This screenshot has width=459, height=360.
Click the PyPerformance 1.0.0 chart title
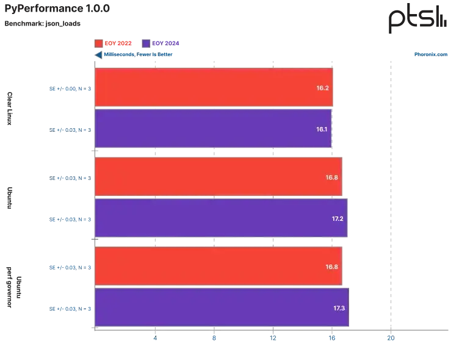(x=57, y=9)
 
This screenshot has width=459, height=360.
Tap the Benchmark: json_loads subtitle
(x=43, y=23)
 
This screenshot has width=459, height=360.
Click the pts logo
(x=417, y=18)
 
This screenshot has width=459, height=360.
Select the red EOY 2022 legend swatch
(x=99, y=43)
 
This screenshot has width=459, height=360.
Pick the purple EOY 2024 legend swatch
(x=146, y=43)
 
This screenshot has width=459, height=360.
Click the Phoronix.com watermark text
(x=430, y=54)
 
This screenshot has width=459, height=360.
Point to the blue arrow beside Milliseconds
(x=98, y=55)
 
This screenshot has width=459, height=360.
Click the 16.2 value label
(x=322, y=88)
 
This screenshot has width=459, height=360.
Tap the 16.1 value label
(x=322, y=129)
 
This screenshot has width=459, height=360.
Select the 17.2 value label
(x=338, y=218)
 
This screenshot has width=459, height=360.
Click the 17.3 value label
(x=339, y=308)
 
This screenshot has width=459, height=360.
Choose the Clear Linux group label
(x=10, y=109)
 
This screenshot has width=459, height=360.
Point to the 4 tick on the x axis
(x=155, y=338)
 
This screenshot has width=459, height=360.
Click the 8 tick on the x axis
(x=214, y=338)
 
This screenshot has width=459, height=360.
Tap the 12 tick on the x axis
(x=273, y=338)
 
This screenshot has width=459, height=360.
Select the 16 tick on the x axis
(x=331, y=338)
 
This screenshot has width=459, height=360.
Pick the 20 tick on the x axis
(x=391, y=338)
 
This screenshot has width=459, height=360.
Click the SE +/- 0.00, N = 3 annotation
(x=70, y=88)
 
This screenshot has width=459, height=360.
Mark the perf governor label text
(x=9, y=287)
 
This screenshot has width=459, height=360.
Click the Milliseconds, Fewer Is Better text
(x=138, y=54)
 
